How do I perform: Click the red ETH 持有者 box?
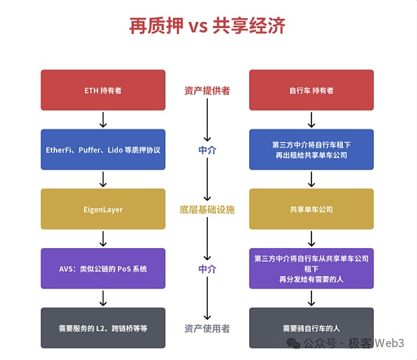click(103, 90)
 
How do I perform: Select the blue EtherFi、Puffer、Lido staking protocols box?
click(103, 149)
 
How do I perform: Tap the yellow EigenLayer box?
click(103, 209)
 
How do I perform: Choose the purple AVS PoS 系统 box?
click(103, 268)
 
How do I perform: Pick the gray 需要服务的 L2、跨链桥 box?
click(103, 328)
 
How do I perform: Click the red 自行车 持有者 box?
click(311, 90)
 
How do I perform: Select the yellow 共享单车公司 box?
click(311, 209)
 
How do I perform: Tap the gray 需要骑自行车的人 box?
click(311, 328)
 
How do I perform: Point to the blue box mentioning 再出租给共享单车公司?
click(311, 149)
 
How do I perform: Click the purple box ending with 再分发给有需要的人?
click(311, 268)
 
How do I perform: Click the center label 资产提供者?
click(207, 90)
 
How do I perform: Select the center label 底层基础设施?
click(207, 209)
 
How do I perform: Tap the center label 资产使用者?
click(207, 328)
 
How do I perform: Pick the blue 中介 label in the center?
click(207, 150)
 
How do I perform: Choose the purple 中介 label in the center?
click(207, 268)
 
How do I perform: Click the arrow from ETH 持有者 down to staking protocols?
click(103, 119)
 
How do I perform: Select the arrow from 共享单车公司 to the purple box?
click(311, 238)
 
